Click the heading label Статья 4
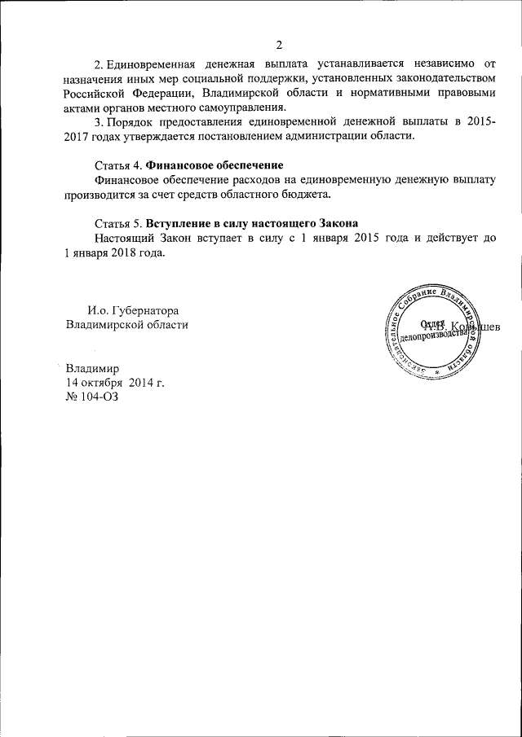(118, 166)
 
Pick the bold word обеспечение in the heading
(243, 166)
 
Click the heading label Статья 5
(118, 224)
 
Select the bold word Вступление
(181, 224)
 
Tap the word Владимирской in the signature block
(100, 325)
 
